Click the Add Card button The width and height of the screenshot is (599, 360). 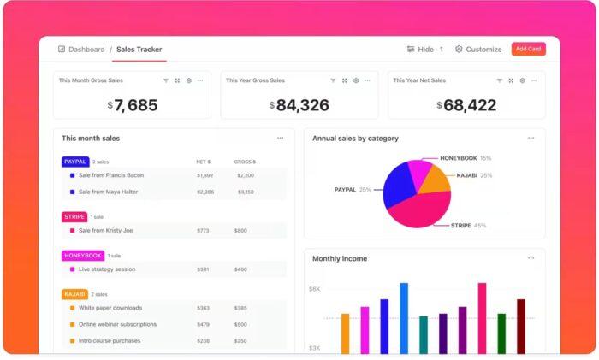(528, 49)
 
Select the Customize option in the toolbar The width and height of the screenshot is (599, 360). (478, 50)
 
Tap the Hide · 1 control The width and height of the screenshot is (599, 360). (424, 50)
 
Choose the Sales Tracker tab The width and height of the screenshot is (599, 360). (139, 50)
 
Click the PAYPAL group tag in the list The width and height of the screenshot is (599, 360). (75, 162)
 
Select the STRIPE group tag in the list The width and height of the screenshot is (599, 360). (74, 217)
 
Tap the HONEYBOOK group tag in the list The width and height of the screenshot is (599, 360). (83, 256)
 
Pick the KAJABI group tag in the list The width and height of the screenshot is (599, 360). (74, 294)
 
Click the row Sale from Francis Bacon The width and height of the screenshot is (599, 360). (110, 175)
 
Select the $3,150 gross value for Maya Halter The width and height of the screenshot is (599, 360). (245, 192)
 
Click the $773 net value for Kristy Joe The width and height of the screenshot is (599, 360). (203, 231)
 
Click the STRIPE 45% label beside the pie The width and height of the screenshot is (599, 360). (468, 226)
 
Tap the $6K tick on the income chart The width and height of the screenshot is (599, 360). (314, 289)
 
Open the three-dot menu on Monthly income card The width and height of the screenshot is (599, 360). (531, 257)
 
